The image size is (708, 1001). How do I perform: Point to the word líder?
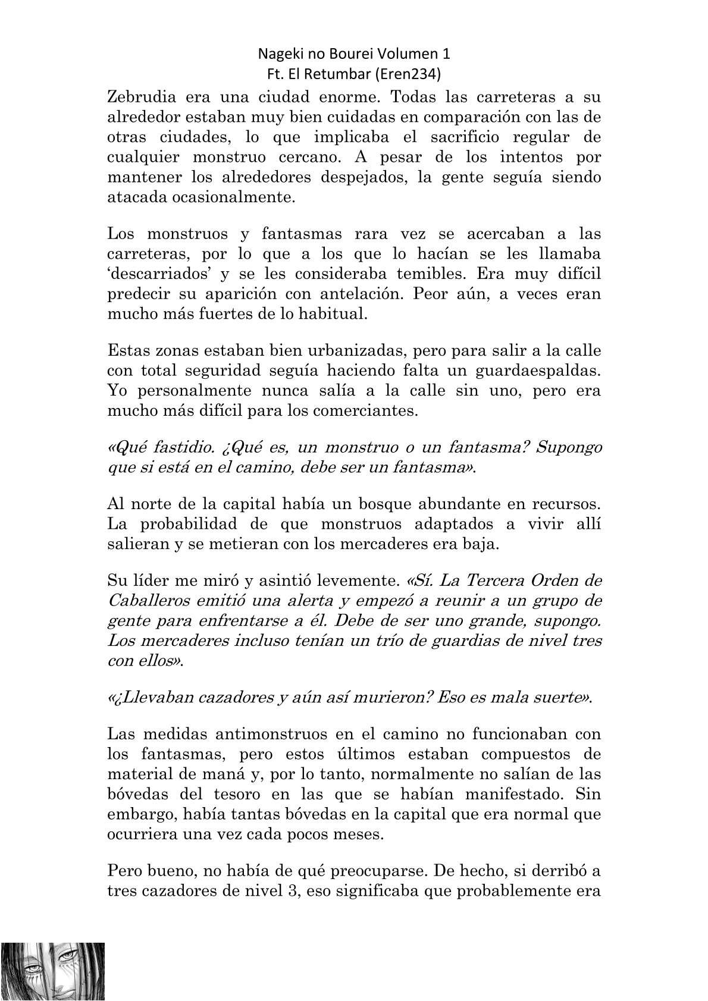(x=158, y=580)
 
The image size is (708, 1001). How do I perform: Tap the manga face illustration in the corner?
(x=52, y=971)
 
